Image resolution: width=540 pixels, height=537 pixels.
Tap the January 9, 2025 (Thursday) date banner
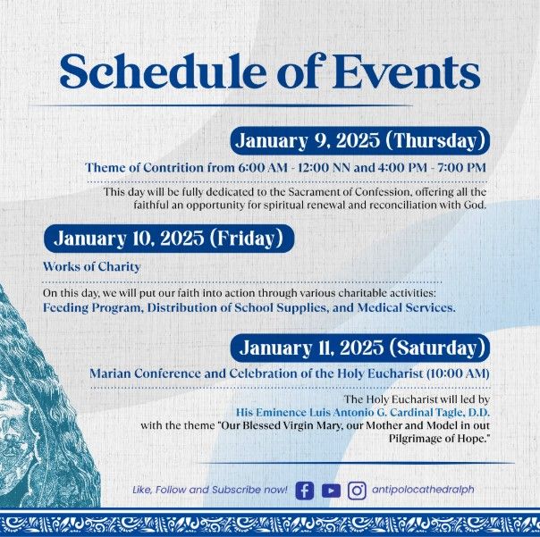[x=360, y=140]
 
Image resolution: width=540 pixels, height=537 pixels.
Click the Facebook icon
[x=304, y=491]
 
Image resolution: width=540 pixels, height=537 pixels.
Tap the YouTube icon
[x=331, y=491]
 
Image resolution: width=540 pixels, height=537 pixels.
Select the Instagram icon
[x=357, y=491]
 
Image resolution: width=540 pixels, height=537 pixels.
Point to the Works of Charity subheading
[x=91, y=266]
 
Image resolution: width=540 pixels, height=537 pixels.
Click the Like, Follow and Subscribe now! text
[x=209, y=491]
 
